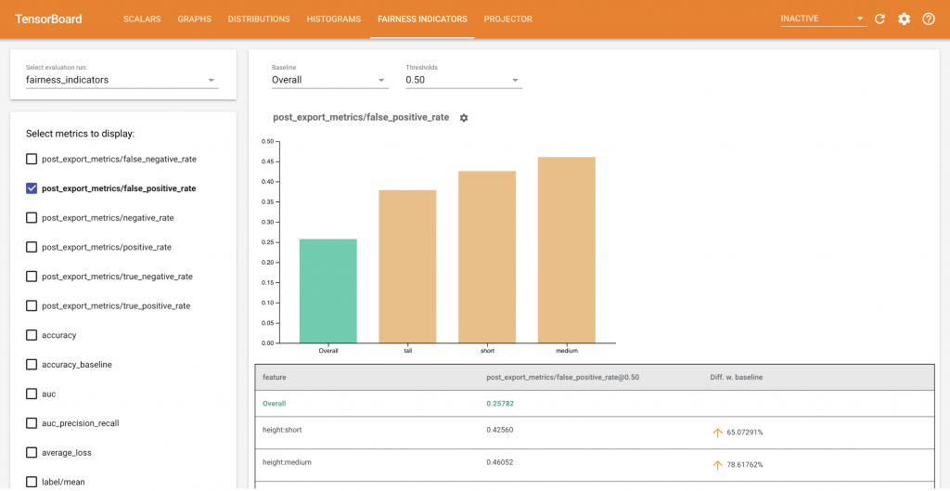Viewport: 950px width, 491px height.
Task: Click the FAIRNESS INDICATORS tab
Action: pos(422,19)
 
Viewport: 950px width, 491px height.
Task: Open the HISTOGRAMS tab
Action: pos(333,19)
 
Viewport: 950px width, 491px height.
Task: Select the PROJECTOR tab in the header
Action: pos(507,19)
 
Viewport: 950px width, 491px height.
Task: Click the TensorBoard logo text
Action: pos(48,19)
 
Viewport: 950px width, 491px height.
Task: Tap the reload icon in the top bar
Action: pos(879,19)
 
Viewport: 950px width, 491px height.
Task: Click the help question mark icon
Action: pos(928,19)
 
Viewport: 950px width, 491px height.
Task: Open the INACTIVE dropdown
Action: pos(822,19)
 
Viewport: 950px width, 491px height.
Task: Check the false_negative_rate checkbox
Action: pos(32,159)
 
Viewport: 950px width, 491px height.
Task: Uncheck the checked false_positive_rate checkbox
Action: pos(32,188)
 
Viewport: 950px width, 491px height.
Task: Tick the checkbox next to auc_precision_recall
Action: pos(32,423)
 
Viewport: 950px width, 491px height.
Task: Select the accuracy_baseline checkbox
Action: pos(32,365)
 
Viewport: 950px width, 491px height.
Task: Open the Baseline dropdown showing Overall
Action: pos(328,80)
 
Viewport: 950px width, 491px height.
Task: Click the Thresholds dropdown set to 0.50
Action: pos(463,80)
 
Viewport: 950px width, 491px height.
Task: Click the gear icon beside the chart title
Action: pos(464,118)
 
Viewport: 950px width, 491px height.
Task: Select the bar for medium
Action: pos(566,250)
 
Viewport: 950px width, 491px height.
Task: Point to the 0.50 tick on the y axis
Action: pos(267,141)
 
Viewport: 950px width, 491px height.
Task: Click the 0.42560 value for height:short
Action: pos(499,432)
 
